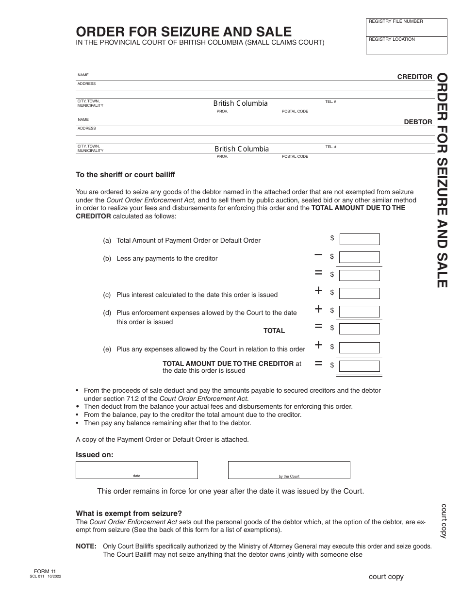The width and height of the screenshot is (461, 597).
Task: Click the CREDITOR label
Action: click(414, 77)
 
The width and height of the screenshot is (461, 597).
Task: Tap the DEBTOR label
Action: click(418, 122)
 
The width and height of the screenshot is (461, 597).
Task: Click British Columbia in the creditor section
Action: click(240, 103)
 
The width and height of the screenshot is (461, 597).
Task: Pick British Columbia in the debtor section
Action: click(242, 149)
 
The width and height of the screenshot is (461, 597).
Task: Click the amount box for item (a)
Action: click(360, 239)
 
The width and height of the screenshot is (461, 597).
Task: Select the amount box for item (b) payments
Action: click(360, 257)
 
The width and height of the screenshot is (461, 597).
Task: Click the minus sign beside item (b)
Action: click(318, 254)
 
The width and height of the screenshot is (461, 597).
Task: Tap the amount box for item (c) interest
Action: click(360, 293)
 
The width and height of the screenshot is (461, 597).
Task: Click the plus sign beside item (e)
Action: click(318, 345)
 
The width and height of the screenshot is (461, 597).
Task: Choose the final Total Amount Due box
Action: click(360, 366)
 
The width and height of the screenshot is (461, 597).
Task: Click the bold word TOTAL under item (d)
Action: click(274, 331)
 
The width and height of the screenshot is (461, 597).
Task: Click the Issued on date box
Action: click(136, 469)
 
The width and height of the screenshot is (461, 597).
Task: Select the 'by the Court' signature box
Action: click(289, 469)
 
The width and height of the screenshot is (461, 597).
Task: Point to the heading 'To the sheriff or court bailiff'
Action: click(125, 175)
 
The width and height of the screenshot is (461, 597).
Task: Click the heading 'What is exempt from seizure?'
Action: click(129, 514)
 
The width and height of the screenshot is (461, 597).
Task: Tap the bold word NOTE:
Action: click(86, 546)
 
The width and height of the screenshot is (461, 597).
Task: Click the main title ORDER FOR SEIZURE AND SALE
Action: click(183, 32)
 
